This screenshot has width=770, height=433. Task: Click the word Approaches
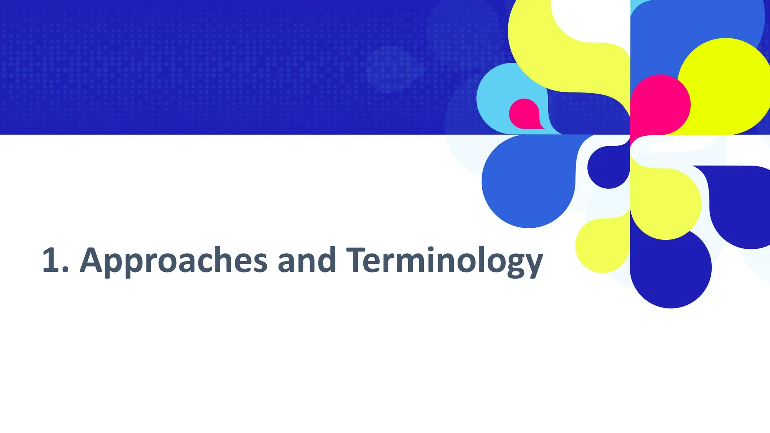(x=173, y=260)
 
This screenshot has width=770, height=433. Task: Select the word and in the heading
(x=306, y=260)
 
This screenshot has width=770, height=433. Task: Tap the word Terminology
(x=444, y=260)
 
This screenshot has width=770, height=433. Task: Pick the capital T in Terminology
(x=357, y=260)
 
